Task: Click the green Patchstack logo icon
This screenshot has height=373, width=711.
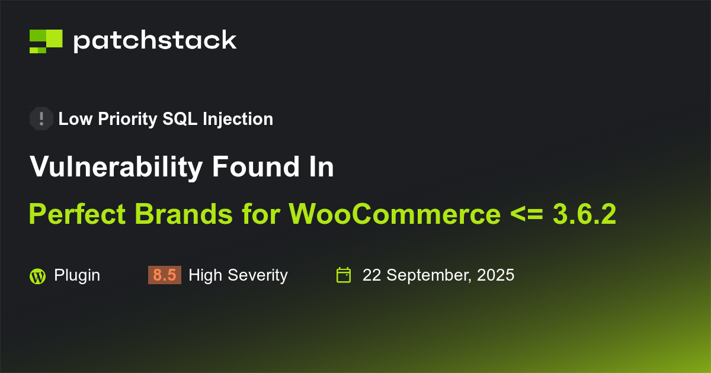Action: pos(46,41)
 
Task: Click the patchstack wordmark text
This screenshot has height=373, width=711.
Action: pos(155,41)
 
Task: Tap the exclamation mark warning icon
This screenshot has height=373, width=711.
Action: pos(41,118)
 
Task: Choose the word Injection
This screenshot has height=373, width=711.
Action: pos(238,119)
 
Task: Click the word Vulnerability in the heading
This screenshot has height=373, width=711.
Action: pos(116,168)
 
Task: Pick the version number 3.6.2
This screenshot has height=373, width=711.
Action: pos(584,214)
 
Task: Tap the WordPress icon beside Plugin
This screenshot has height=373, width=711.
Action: pos(37,275)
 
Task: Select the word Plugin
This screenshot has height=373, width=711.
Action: pos(77,275)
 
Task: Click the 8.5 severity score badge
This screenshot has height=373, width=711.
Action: pos(165,275)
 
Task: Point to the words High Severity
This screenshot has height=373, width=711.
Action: pos(238,275)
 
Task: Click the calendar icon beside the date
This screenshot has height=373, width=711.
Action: pos(344,275)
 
